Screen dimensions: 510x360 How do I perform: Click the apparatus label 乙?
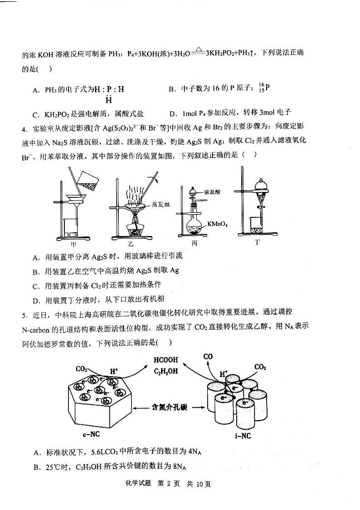click(131, 243)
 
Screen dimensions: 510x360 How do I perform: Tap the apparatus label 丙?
click(195, 243)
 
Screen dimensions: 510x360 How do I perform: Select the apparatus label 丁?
click(257, 242)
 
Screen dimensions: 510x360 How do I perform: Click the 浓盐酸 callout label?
click(212, 192)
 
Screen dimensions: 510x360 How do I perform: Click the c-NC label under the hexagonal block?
click(92, 434)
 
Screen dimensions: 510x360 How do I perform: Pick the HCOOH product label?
click(166, 360)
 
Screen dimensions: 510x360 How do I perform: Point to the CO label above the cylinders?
click(208, 357)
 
